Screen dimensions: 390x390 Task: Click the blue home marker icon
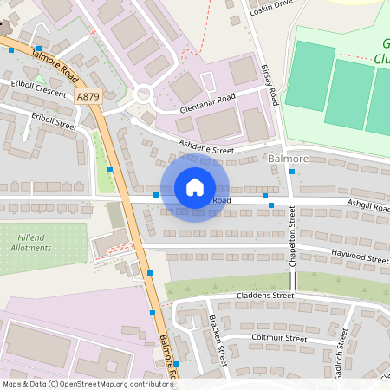pyautogui.click(x=195, y=187)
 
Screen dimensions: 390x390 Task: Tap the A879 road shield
pyautogui.click(x=88, y=98)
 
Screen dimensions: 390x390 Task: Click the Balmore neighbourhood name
pyautogui.click(x=289, y=159)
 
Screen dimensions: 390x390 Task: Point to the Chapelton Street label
pyautogui.click(x=294, y=247)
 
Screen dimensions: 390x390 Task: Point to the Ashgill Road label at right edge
pyautogui.click(x=367, y=209)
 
